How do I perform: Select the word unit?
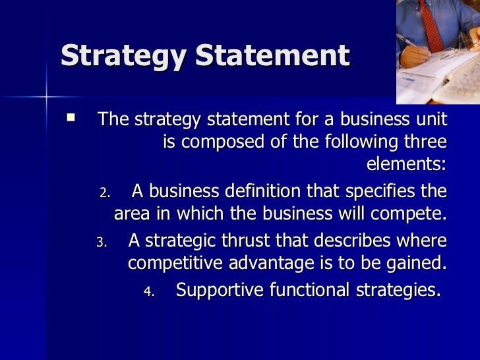click(x=427, y=120)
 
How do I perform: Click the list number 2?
click(x=105, y=193)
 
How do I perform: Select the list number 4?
click(x=149, y=291)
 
